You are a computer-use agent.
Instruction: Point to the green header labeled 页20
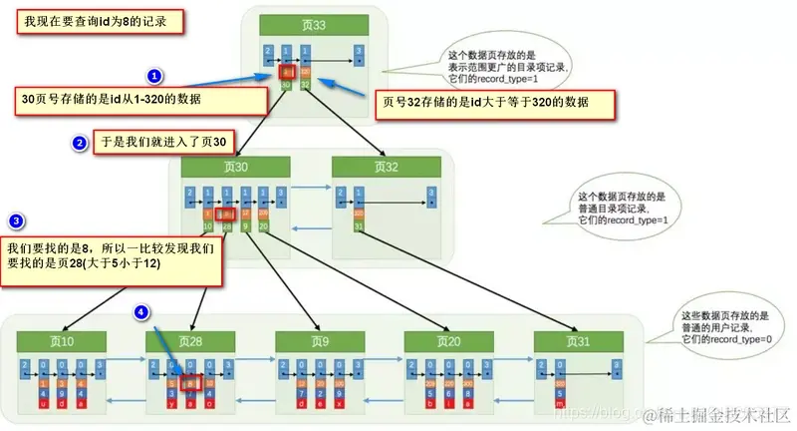445,342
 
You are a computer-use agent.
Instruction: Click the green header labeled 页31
576,342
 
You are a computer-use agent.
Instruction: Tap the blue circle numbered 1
154,76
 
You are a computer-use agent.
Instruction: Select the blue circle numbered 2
80,144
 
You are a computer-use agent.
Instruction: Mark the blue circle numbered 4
142,313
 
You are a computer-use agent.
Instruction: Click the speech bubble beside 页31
725,325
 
